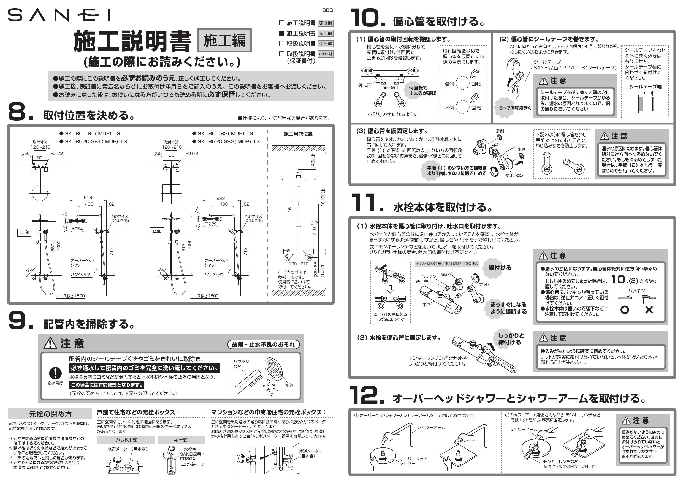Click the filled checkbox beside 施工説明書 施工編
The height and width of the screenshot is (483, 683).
[281, 33]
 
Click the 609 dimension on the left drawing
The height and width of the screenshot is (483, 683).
[88, 197]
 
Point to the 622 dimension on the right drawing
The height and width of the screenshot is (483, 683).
[221, 198]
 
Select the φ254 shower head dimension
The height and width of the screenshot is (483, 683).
[77, 229]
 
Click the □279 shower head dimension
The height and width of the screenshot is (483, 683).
[211, 224]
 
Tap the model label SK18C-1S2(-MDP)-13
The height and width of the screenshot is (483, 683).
[225, 134]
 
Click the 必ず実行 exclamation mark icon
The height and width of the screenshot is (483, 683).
[55, 373]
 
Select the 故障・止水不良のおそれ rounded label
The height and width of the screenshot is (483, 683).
[263, 344]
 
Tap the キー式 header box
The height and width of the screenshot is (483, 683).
[181, 440]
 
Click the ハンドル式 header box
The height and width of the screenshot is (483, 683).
[126, 440]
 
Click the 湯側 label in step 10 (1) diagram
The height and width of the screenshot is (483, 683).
[368, 70]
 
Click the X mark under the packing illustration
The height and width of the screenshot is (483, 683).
[649, 310]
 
